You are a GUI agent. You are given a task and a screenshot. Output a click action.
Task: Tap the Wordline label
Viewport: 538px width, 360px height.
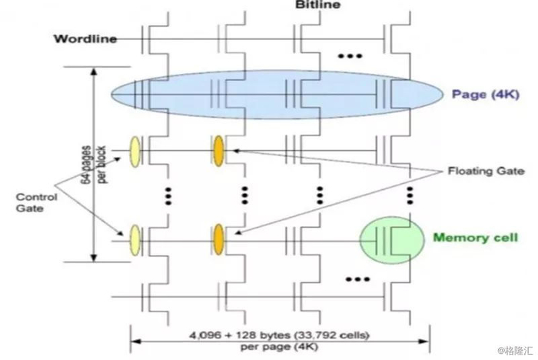tap(85, 38)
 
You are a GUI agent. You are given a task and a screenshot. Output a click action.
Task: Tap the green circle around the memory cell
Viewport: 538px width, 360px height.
tap(391, 240)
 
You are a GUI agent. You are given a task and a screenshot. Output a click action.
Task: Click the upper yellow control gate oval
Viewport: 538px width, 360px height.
tap(136, 150)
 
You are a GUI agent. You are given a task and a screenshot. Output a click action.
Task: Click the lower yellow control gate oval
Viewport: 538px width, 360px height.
tap(136, 238)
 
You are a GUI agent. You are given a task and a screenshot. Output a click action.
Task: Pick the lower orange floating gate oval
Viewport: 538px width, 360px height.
tap(219, 238)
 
